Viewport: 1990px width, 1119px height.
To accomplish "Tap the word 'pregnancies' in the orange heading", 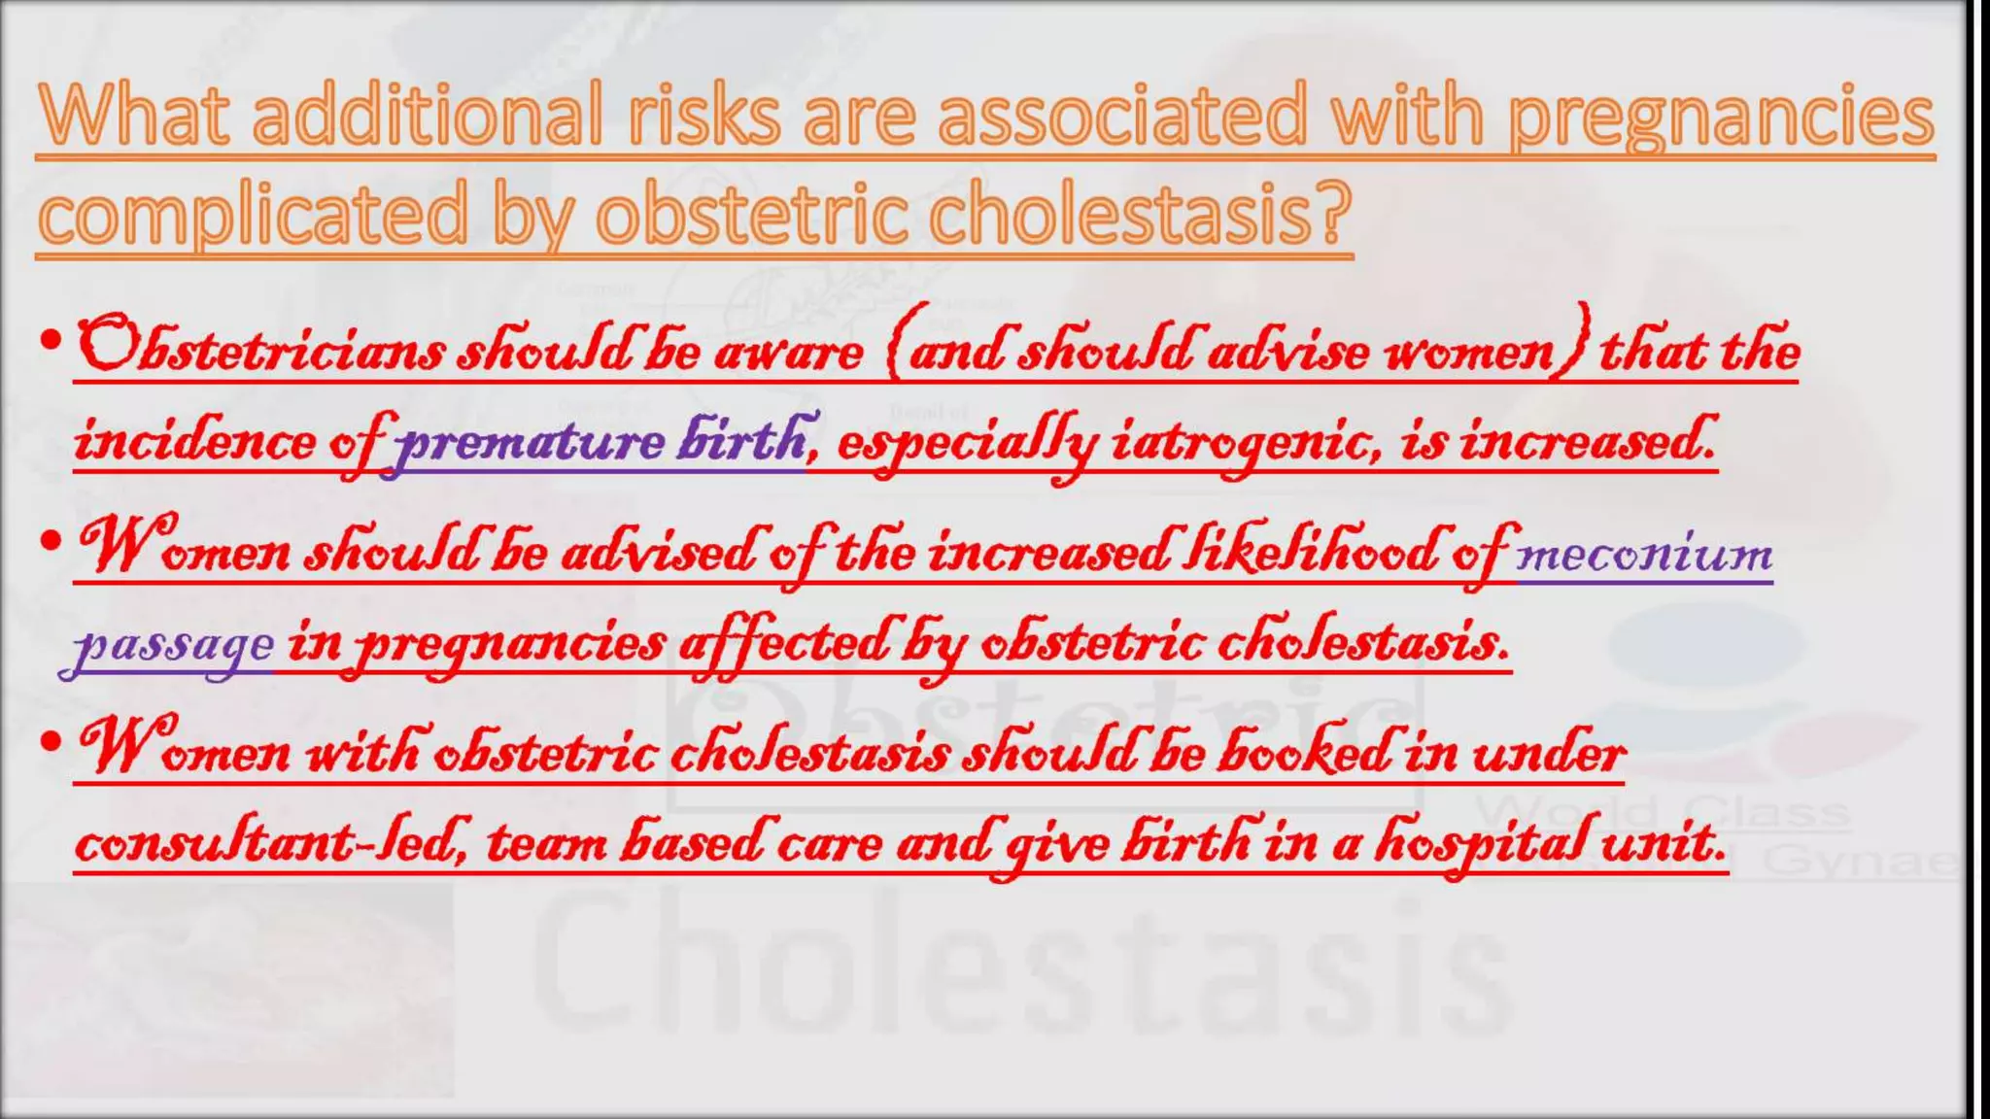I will click(1720, 117).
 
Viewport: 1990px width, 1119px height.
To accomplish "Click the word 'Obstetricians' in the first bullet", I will click(260, 348).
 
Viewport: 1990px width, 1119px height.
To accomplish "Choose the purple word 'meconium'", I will click(1644, 554).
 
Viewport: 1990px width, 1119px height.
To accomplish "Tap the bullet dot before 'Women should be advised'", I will click(51, 541).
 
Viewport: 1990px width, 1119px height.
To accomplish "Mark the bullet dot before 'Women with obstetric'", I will click(51, 742).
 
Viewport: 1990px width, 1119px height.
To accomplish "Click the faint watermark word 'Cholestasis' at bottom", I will click(1020, 971).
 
